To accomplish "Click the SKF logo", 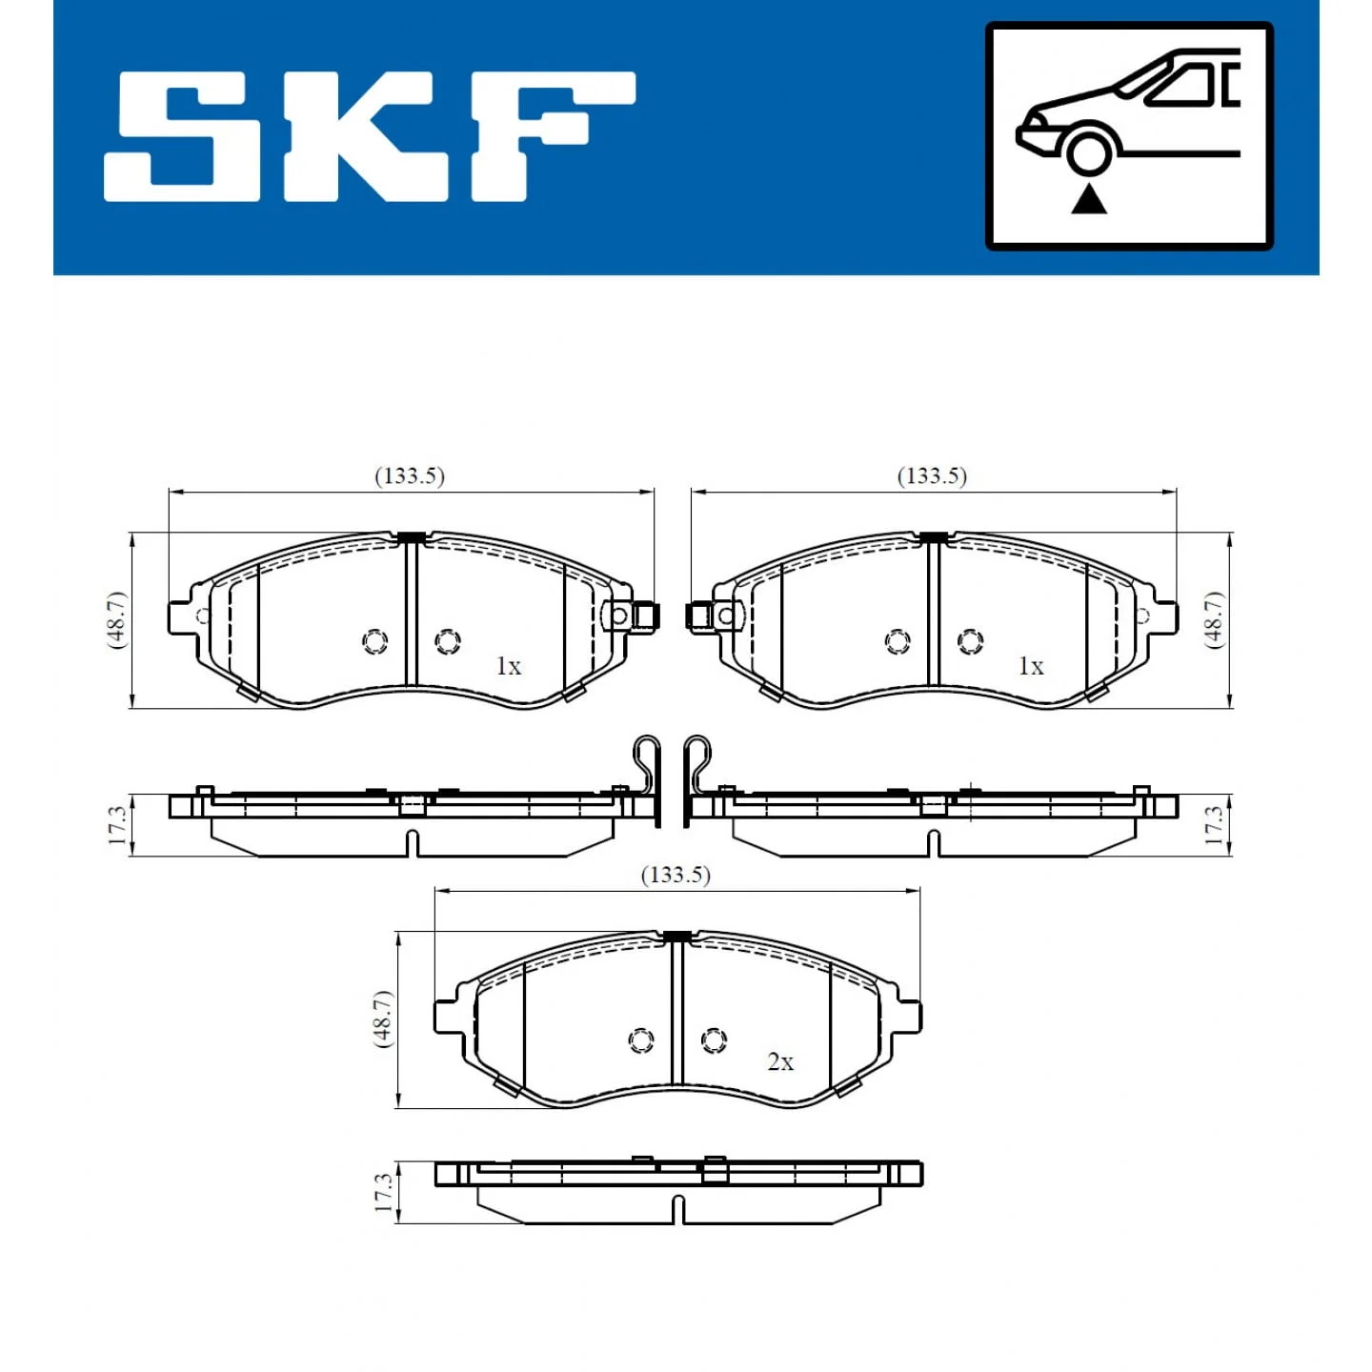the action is click(370, 136).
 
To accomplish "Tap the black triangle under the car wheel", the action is click(1089, 199).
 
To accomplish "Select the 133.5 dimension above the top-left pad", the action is click(410, 476).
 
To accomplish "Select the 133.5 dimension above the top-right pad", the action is click(932, 476).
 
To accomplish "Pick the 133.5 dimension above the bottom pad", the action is click(676, 875).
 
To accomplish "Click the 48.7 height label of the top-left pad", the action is click(116, 619).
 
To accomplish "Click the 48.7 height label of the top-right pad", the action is click(1215, 619).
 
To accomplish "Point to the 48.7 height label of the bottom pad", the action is click(383, 1019).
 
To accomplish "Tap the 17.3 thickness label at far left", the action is click(117, 824).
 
